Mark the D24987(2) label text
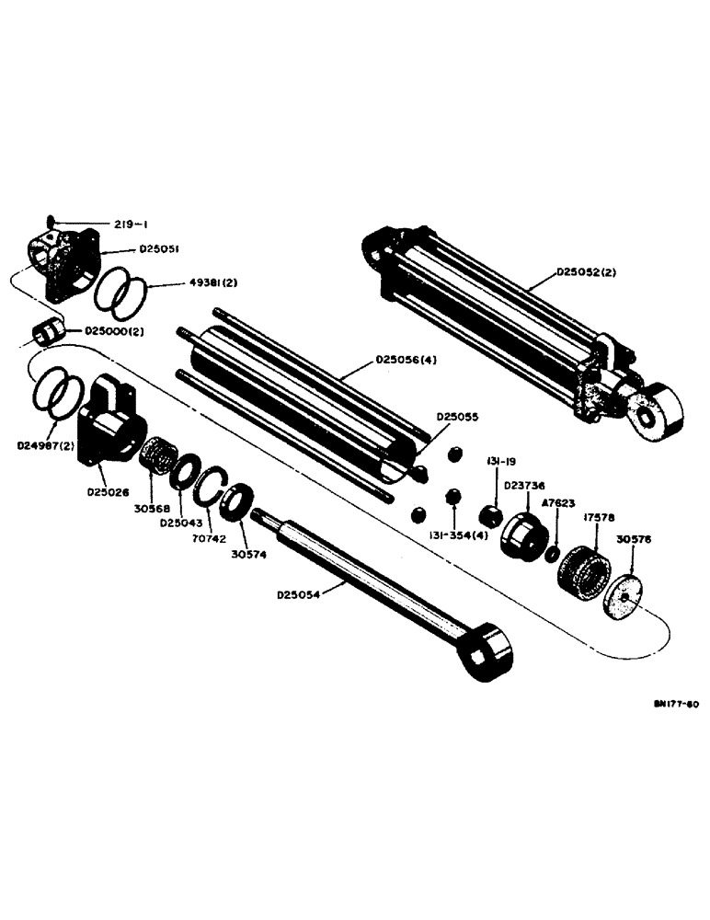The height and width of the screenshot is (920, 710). coord(48,445)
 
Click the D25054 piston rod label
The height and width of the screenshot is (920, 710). coord(301,594)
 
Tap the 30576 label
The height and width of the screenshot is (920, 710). coord(636,540)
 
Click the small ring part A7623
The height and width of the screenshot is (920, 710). coord(550,555)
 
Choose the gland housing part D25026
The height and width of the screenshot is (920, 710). coord(109,428)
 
